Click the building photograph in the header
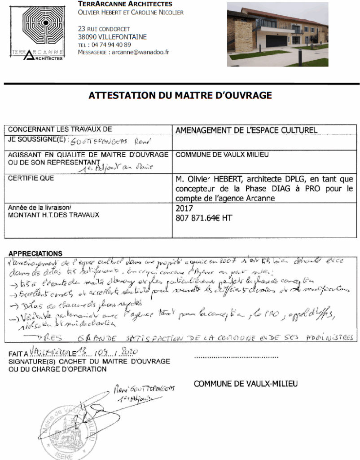click(x=277, y=35)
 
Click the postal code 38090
click(x=85, y=37)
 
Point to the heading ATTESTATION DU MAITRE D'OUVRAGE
click(x=180, y=95)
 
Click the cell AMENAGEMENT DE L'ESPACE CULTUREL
click(x=246, y=131)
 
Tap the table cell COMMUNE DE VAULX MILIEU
click(x=222, y=155)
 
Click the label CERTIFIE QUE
click(x=31, y=179)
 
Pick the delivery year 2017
click(x=185, y=209)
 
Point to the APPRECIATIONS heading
click(x=35, y=254)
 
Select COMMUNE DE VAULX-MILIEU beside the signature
click(x=246, y=384)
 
